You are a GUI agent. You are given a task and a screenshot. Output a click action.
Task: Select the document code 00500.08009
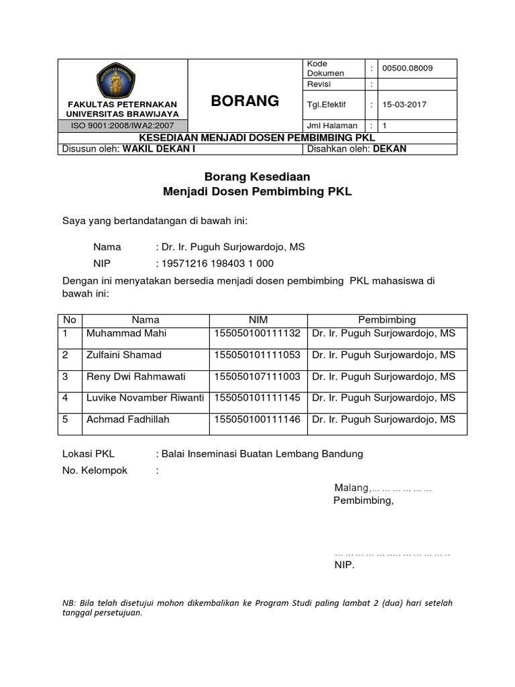[407, 68]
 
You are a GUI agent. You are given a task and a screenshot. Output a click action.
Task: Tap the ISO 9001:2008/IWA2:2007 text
[122, 125]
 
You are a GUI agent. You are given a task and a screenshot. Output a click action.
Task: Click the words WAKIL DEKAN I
[158, 149]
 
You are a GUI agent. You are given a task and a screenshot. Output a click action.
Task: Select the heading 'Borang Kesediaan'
[257, 176]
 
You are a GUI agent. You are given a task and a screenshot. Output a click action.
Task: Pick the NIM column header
[258, 320]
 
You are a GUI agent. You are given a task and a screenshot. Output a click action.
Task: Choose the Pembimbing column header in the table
[387, 320]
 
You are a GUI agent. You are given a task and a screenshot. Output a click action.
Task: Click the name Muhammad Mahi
[127, 333]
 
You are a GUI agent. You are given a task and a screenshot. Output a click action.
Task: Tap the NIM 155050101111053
[257, 355]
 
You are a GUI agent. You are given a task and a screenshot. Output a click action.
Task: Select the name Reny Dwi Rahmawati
[135, 376]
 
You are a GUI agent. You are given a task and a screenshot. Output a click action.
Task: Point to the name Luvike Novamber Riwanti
[145, 398]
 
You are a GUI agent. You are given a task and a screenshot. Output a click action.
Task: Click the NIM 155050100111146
[257, 419]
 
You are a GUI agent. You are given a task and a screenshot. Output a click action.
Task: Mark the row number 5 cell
[66, 419]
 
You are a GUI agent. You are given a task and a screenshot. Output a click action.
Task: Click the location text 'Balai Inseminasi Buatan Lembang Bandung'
[262, 454]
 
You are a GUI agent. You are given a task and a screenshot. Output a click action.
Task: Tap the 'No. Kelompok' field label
[95, 470]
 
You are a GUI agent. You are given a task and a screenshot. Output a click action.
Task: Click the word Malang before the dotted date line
[351, 487]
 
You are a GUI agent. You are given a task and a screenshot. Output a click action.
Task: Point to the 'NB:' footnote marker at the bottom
[70, 603]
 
